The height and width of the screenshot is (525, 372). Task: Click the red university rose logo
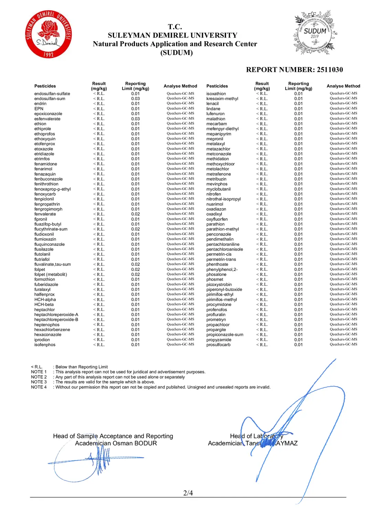(x=49, y=34)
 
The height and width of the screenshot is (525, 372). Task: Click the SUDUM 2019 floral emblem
(x=315, y=33)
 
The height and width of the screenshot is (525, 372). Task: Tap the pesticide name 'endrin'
(x=40, y=104)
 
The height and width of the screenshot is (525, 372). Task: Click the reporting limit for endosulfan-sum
(x=135, y=99)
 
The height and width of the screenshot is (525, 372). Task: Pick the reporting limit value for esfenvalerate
(x=135, y=119)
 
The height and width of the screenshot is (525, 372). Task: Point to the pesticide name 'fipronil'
(x=41, y=219)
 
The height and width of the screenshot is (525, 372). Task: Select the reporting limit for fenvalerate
(x=135, y=214)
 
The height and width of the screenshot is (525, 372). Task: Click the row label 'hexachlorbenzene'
(x=52, y=330)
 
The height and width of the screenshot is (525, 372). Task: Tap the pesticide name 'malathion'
(x=216, y=119)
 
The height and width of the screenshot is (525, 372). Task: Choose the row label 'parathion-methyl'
(x=223, y=229)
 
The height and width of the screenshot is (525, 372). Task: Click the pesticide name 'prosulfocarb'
(x=218, y=345)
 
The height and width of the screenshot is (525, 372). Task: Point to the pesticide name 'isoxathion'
(x=216, y=94)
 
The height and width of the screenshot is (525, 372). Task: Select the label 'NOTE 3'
(x=39, y=382)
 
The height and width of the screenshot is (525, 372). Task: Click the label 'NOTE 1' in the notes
(x=39, y=372)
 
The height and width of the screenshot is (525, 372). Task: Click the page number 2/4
(x=188, y=493)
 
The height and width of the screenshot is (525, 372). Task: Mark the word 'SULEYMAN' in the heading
(x=127, y=35)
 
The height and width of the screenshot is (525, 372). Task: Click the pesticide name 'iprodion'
(x=42, y=340)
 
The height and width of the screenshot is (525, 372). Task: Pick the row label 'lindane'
(x=213, y=109)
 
